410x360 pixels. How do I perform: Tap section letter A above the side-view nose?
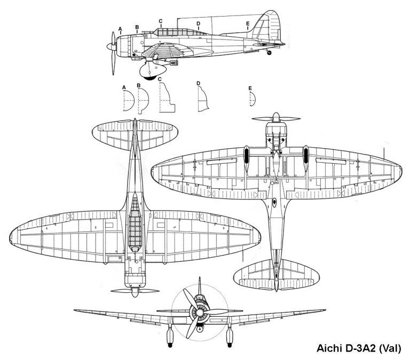click(x=120, y=28)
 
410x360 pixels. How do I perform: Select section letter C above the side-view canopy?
click(x=160, y=21)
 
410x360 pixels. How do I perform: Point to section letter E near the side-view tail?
click(x=248, y=24)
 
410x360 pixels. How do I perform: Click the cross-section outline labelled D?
click(x=202, y=100)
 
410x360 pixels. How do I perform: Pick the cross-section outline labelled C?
click(x=167, y=99)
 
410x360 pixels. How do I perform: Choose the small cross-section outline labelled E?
click(x=253, y=98)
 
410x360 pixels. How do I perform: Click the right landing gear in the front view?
click(x=231, y=335)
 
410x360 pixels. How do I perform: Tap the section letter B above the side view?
click(x=137, y=27)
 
